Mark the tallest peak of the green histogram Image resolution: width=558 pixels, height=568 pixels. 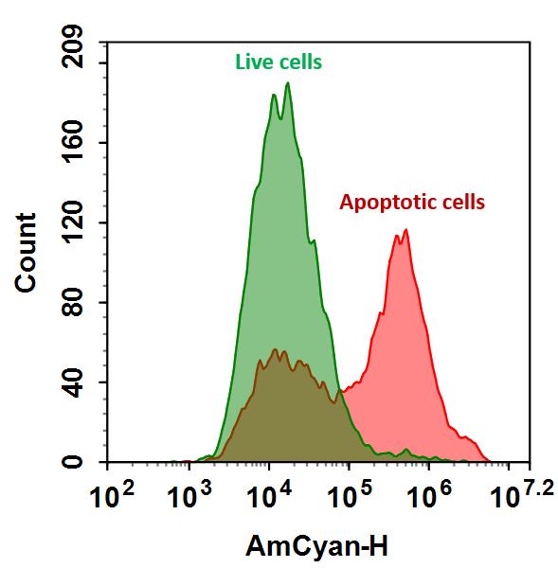[287, 83]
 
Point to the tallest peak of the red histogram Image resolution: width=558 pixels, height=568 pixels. [406, 229]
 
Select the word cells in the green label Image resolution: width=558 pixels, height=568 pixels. [300, 63]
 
